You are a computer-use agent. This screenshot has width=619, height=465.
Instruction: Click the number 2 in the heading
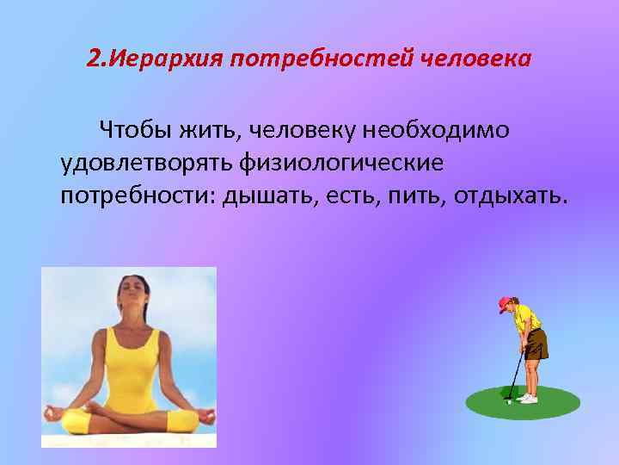click(93, 61)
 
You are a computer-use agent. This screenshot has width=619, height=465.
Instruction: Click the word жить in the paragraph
click(213, 131)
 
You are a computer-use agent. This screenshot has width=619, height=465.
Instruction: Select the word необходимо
click(437, 130)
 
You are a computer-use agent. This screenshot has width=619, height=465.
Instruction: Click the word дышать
click(268, 195)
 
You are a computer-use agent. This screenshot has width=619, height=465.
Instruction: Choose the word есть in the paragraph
click(352, 195)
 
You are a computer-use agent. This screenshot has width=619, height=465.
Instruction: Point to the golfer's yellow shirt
click(525, 320)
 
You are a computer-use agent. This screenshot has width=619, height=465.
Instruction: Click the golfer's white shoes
click(528, 399)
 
